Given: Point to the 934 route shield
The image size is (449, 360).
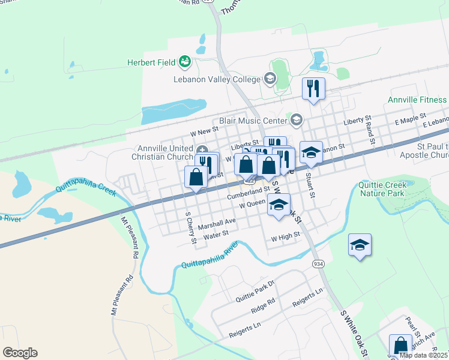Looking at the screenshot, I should tap(318, 263).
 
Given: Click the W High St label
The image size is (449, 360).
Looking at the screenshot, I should tap(285, 238).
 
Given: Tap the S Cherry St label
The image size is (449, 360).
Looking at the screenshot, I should tap(190, 227).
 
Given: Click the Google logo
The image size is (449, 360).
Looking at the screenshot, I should tap(20, 353).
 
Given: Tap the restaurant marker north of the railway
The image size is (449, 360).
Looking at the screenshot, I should tap(313, 89).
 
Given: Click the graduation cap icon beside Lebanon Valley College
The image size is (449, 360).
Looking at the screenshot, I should tap(270, 79).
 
